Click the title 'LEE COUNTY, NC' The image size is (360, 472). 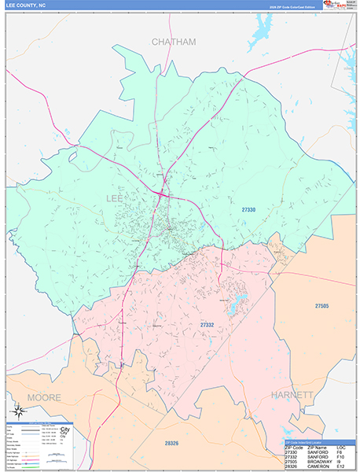coord(25,6)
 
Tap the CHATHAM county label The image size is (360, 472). coord(173,41)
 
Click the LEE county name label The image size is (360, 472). coord(114,197)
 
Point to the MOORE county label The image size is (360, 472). coord(44,397)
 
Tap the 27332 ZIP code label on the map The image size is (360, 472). coord(207,324)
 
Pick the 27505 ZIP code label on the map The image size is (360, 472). coord(321,305)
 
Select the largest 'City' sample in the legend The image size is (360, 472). coord(66,430)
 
